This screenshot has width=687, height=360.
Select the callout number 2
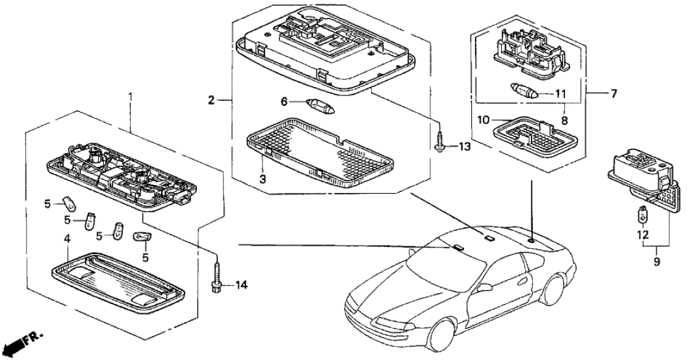212,100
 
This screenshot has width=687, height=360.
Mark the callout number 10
483,120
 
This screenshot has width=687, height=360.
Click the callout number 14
242,285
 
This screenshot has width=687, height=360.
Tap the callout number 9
656,261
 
